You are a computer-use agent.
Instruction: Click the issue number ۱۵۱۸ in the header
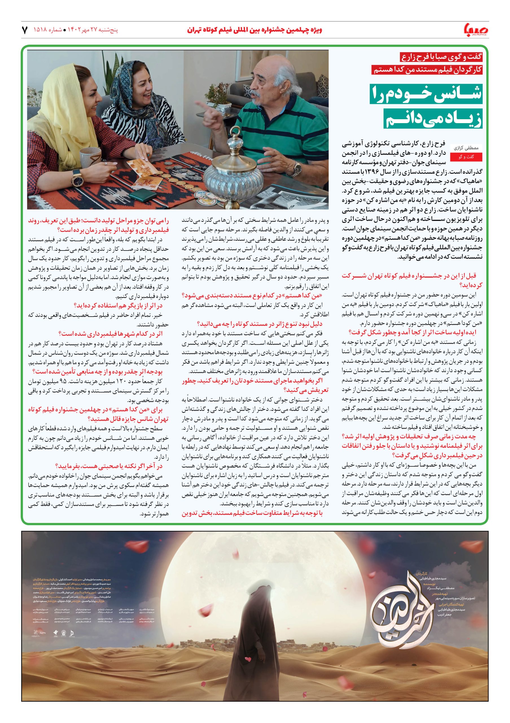coord(40,31)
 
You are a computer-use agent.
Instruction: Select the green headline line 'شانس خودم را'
coord(426,93)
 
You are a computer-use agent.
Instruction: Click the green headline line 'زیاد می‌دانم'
coord(433,118)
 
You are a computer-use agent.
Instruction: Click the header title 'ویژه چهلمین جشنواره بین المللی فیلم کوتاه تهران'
coord(255,30)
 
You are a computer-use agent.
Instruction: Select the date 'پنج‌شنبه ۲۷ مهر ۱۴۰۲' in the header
coord(91,31)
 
